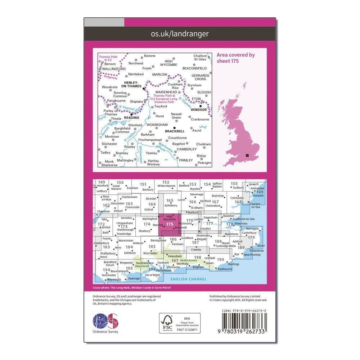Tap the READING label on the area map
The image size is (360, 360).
tap(131, 117)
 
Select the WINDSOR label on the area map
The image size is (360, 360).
tap(199, 109)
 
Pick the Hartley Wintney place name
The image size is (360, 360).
tap(153, 163)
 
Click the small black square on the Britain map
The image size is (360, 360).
tap(247, 156)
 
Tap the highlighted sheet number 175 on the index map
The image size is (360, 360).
tap(170, 224)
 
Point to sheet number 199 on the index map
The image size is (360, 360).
tap(220, 260)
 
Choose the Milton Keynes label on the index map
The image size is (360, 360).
tap(166, 186)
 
